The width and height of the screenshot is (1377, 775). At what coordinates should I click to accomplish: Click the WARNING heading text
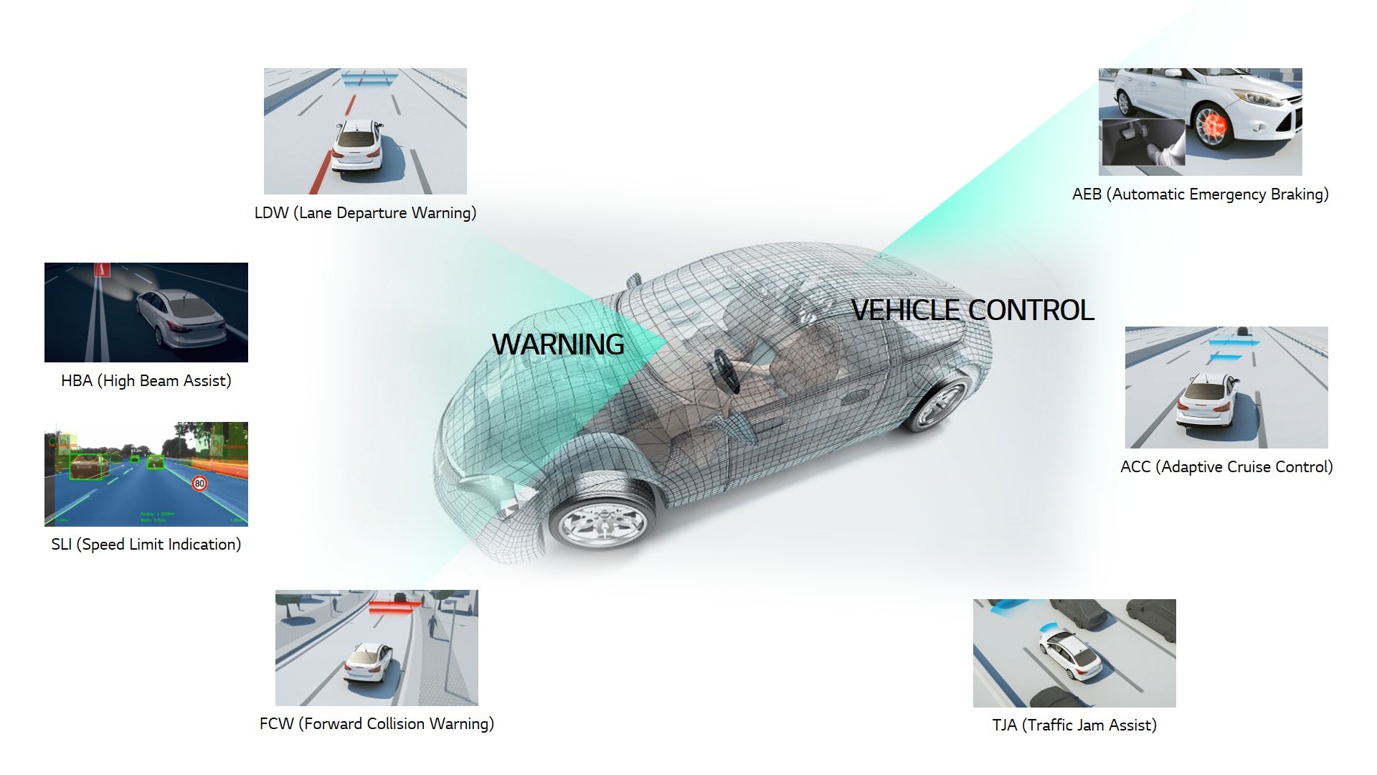pos(558,344)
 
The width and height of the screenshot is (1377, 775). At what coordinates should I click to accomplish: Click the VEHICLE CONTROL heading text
pos(972,310)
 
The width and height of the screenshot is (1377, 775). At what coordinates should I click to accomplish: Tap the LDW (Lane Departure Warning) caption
pos(365,212)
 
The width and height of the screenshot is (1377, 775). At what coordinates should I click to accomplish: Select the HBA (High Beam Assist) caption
pos(146,380)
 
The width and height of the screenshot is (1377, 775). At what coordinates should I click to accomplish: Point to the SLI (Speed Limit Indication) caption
pos(146,544)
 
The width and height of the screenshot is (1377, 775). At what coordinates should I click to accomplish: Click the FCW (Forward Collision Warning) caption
pos(377,723)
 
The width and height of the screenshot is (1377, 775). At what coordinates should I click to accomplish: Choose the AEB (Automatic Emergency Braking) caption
pos(1200,194)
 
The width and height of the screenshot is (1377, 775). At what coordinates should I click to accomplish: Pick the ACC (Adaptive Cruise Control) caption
pos(1226,466)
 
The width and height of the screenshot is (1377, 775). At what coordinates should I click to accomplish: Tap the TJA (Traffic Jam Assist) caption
pos(1074,725)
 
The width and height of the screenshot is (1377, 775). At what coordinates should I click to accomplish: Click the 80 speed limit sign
pos(199,483)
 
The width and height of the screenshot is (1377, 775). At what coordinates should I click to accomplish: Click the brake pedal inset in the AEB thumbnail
pos(1142,143)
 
